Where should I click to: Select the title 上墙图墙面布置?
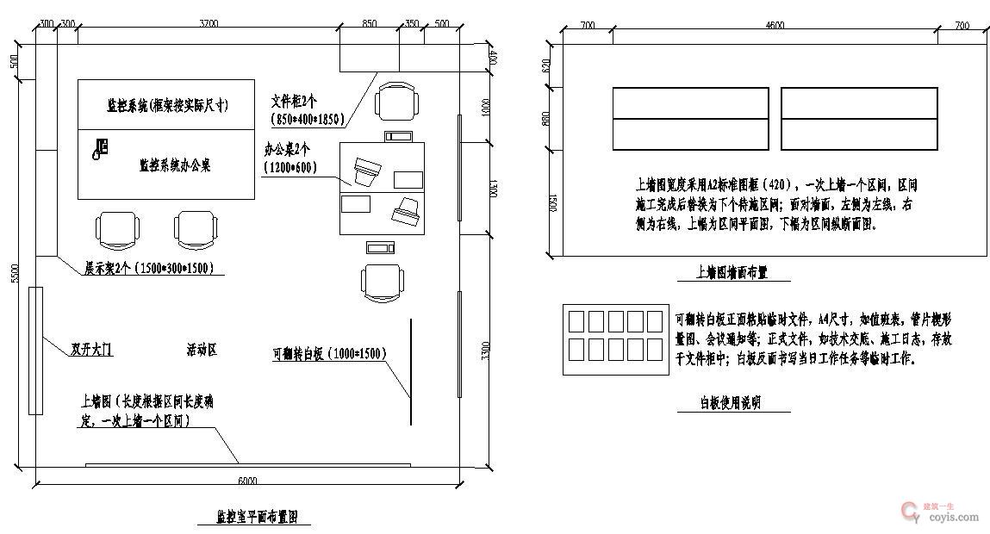coord(732,272)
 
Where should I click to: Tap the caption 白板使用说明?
coord(731,402)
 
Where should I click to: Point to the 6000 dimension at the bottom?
coord(247,481)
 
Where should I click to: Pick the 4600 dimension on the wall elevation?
coord(775,26)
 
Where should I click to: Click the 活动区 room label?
coord(201,350)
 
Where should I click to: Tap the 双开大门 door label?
coord(91,350)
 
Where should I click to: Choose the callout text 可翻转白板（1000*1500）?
coord(328,353)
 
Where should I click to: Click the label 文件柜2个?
coord(295,101)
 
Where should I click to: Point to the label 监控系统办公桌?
coord(175,165)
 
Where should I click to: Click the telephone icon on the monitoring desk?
coord(100,149)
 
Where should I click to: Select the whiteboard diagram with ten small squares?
coord(615,338)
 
